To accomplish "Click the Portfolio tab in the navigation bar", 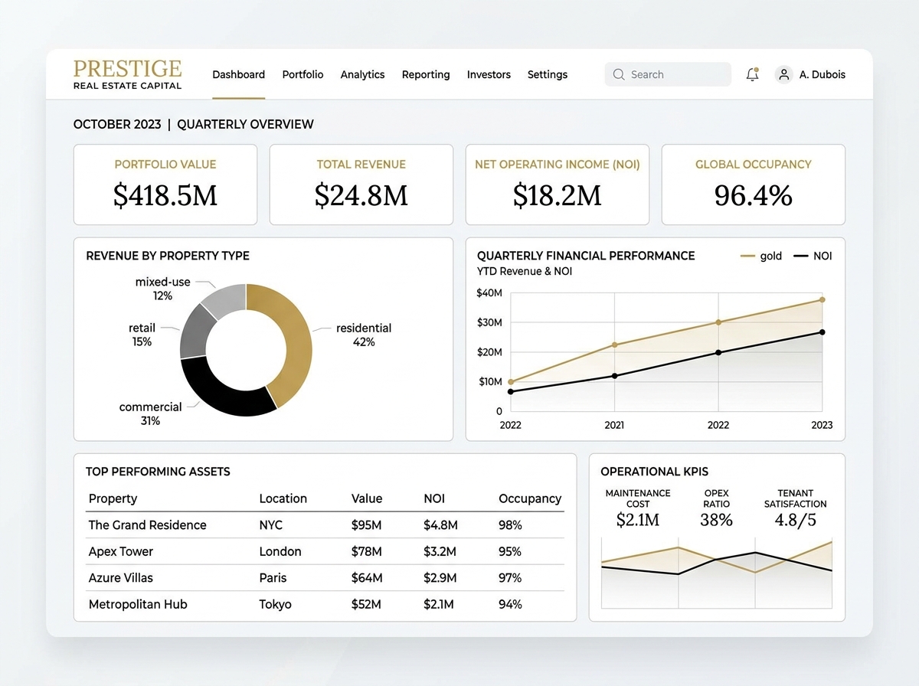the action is click(x=303, y=74).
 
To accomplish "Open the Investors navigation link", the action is click(x=489, y=74).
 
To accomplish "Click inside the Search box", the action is click(x=668, y=74).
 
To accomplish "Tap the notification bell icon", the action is click(x=752, y=74).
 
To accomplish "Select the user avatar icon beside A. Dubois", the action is click(x=783, y=75).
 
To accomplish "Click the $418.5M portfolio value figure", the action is click(x=165, y=195).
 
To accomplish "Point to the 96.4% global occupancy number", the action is click(x=754, y=195).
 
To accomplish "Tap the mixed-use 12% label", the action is click(x=163, y=289).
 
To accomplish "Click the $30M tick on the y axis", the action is click(x=489, y=322).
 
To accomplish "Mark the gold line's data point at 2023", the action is click(x=823, y=299).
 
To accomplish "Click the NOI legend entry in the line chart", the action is click(x=813, y=256).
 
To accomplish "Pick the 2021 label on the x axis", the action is click(x=614, y=425).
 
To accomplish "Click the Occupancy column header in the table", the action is click(x=530, y=498).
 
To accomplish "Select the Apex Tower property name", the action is click(x=120, y=552).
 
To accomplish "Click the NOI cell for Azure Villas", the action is click(x=440, y=578).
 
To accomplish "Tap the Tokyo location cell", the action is click(x=275, y=604).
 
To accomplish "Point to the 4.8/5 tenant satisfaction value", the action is click(x=795, y=520).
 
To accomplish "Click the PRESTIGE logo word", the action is click(x=128, y=69).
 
